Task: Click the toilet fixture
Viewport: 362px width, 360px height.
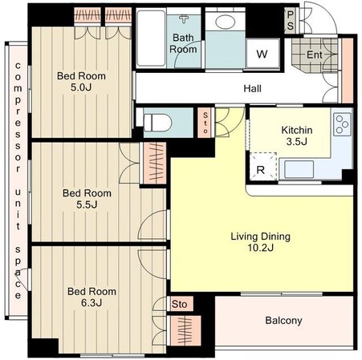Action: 157,123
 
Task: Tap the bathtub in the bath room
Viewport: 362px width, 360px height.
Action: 151,38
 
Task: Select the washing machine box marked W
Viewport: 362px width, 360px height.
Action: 262,54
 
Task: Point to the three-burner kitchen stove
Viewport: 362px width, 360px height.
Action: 342,124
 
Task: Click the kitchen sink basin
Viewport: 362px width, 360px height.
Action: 299,169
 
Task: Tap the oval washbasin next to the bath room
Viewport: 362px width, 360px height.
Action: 225,22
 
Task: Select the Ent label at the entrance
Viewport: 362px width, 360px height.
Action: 315,55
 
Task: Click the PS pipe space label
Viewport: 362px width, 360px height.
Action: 290,21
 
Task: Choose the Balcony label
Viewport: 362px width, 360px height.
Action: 283,320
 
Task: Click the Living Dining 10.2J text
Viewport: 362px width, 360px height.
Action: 260,242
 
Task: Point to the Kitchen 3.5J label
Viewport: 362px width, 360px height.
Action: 297,136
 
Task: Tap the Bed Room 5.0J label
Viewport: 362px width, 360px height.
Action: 81,82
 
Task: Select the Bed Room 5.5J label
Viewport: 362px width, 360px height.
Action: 87,199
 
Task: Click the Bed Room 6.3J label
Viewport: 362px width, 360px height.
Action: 92,297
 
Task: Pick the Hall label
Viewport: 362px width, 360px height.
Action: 252,88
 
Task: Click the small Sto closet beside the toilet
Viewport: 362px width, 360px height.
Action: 205,123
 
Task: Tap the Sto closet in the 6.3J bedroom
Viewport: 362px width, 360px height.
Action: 180,304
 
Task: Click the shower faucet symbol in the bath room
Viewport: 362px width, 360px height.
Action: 184,19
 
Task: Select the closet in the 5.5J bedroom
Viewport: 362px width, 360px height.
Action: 155,163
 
